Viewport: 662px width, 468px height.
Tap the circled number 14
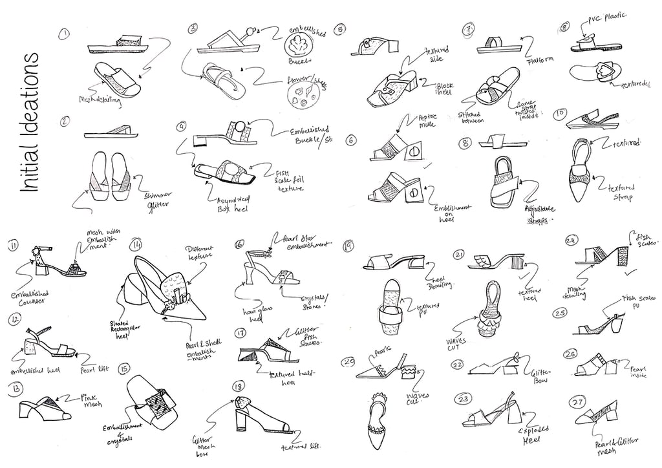tap(136, 246)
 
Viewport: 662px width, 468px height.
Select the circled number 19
tap(348, 246)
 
